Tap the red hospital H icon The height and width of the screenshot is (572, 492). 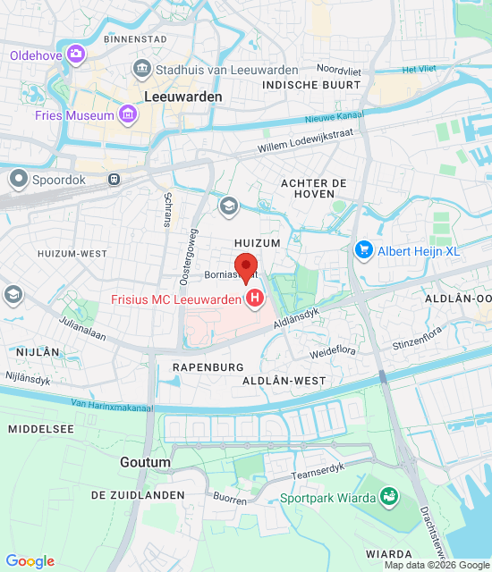tap(255, 298)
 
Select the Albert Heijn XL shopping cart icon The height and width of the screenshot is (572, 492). tap(363, 250)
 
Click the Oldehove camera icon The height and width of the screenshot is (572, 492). tap(76, 55)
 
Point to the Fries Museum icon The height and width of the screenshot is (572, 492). tap(128, 114)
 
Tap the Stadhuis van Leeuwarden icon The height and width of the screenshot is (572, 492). tap(141, 70)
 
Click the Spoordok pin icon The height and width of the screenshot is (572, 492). tap(18, 180)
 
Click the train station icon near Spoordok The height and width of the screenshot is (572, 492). tap(114, 180)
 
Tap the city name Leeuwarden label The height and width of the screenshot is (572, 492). tap(182, 96)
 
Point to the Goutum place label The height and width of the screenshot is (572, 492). tap(145, 462)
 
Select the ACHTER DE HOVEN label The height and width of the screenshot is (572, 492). tap(313, 188)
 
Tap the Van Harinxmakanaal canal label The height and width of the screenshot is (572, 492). tap(109, 405)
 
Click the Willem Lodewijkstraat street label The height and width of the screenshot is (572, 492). tap(305, 140)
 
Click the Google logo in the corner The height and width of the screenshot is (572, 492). tap(30, 560)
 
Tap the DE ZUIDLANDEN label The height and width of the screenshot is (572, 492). tap(138, 495)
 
